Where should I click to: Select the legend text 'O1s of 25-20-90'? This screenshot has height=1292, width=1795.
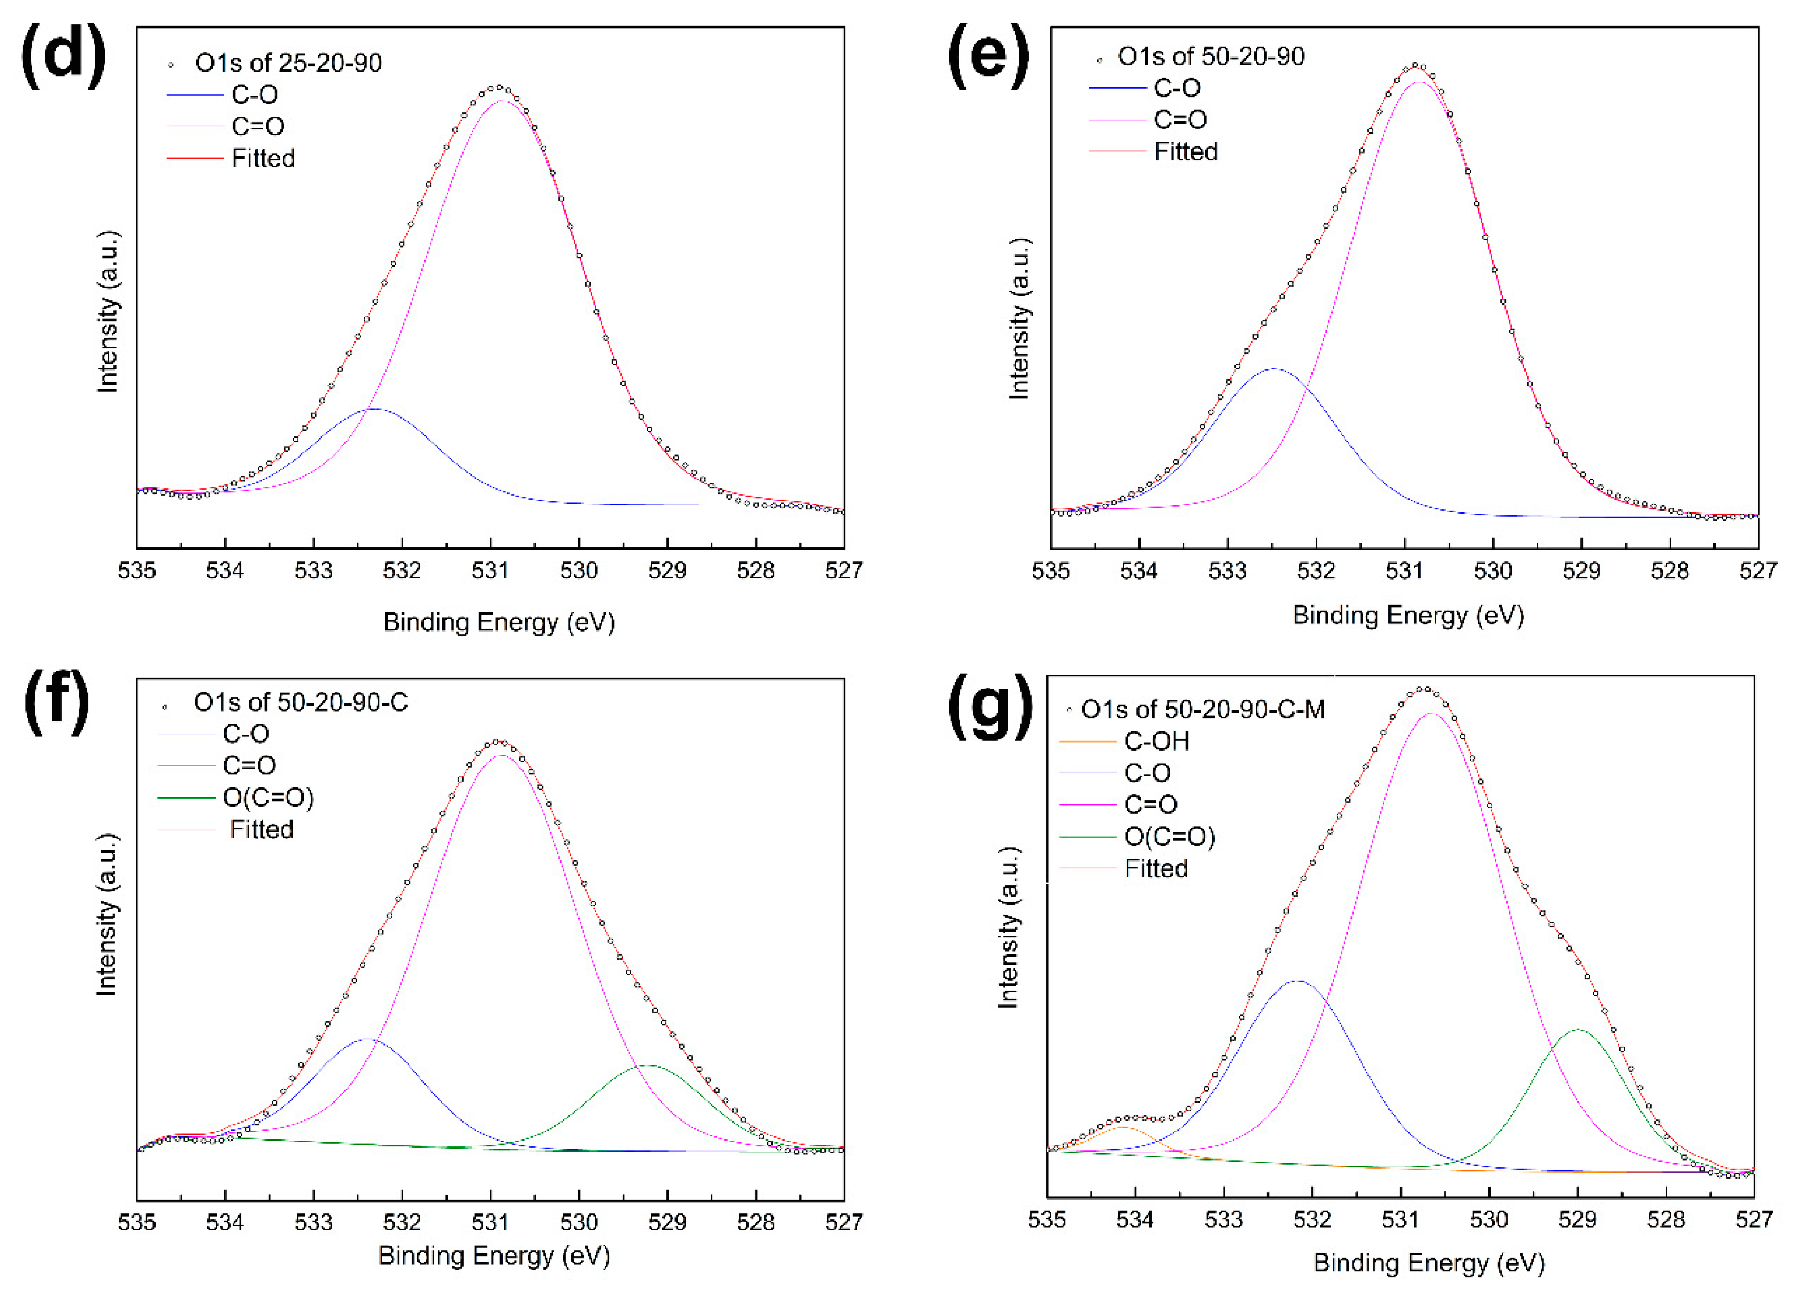click(x=288, y=63)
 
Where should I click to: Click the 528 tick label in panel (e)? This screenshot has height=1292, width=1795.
click(x=1670, y=571)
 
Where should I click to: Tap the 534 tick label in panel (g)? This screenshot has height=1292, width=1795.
click(x=1135, y=1220)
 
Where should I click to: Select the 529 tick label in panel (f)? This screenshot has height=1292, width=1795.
click(x=667, y=1222)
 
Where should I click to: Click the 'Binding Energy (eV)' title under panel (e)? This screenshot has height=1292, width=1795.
click(x=1408, y=615)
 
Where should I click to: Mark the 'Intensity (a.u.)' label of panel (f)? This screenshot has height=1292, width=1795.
click(x=107, y=915)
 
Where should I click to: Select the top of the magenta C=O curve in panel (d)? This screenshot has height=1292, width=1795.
click(x=504, y=101)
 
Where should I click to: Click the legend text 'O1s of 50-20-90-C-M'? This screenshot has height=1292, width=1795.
click(x=1202, y=709)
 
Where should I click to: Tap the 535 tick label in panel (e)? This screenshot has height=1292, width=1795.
click(x=1051, y=571)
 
